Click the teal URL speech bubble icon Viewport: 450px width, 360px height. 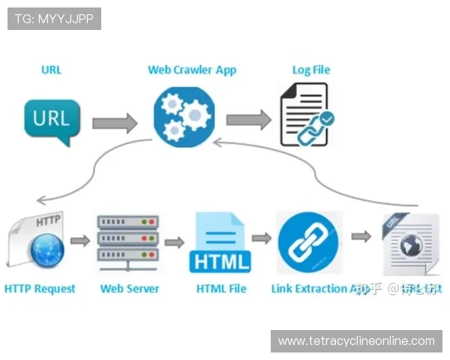(52, 120)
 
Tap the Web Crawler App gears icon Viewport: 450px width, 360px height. (184, 115)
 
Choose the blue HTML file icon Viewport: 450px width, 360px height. (220, 241)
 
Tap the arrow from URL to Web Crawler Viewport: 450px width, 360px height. (115, 121)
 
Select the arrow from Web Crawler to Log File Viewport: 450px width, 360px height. (248, 119)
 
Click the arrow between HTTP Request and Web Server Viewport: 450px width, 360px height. (80, 241)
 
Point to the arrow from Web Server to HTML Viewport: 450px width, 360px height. (174, 242)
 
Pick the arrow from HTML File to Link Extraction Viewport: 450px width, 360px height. (261, 238)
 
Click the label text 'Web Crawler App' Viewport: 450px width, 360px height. (192, 70)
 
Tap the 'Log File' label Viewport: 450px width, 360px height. (310, 70)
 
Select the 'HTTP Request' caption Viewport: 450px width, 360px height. (40, 288)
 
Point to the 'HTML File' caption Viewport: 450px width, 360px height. (221, 288)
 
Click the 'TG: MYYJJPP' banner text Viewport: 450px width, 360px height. (54, 19)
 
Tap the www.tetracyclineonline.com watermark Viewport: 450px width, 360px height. (356, 341)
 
